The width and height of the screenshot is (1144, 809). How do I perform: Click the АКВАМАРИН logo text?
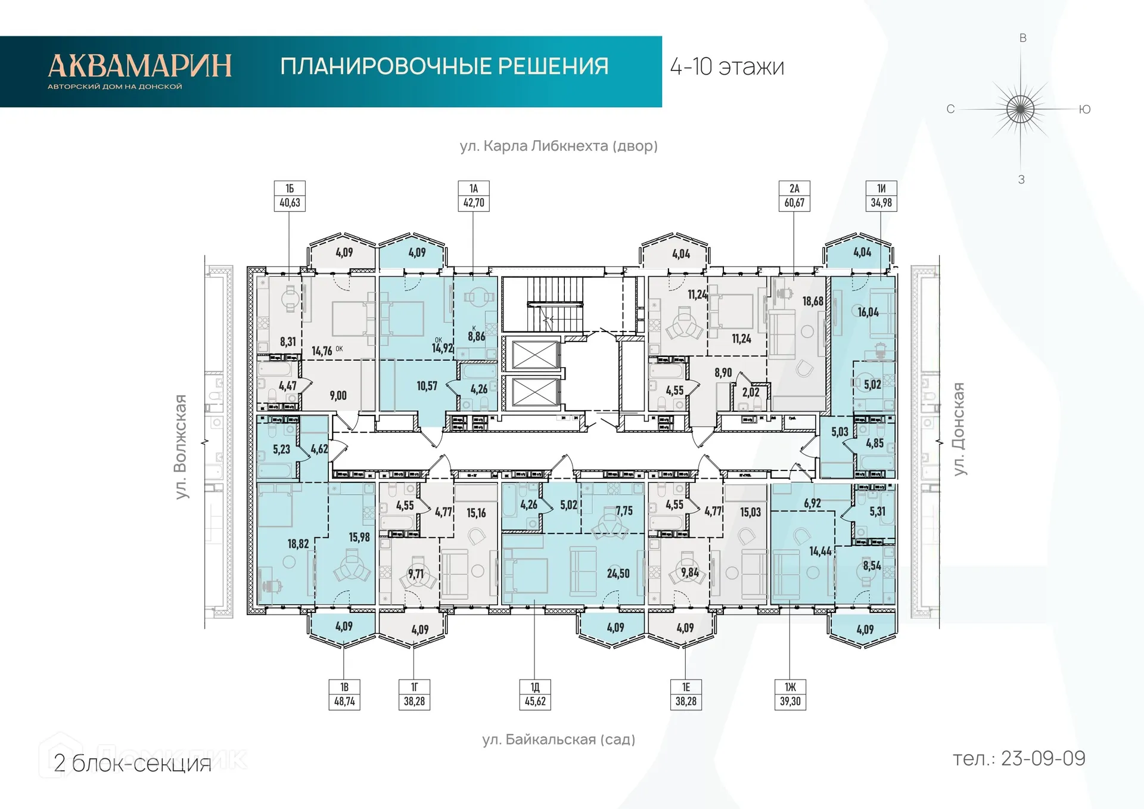[139, 66]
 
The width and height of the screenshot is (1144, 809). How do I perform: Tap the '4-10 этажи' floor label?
[727, 67]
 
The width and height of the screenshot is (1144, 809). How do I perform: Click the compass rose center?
[1020, 109]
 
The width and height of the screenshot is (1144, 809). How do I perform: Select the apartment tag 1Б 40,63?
[290, 196]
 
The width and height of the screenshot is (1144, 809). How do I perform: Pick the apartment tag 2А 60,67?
[794, 196]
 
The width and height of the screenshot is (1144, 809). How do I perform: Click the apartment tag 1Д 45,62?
[535, 695]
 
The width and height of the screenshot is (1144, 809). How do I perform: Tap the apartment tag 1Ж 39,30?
[790, 695]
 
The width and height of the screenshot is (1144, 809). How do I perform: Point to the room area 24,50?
[618, 574]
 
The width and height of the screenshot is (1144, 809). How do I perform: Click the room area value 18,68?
[812, 302]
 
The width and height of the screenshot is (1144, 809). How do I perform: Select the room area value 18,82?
[298, 544]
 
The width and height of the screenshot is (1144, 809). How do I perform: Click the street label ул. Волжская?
[181, 447]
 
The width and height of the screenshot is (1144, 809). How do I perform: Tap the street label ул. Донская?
[958, 429]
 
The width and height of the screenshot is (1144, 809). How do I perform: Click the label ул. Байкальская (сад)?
[558, 740]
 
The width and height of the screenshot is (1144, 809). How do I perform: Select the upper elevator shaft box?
[535, 356]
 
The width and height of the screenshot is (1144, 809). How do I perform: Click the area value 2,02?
[751, 392]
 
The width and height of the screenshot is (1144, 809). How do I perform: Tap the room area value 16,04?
[868, 312]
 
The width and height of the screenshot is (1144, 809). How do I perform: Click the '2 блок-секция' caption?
[132, 764]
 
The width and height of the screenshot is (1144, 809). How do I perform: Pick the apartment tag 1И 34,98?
[881, 196]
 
